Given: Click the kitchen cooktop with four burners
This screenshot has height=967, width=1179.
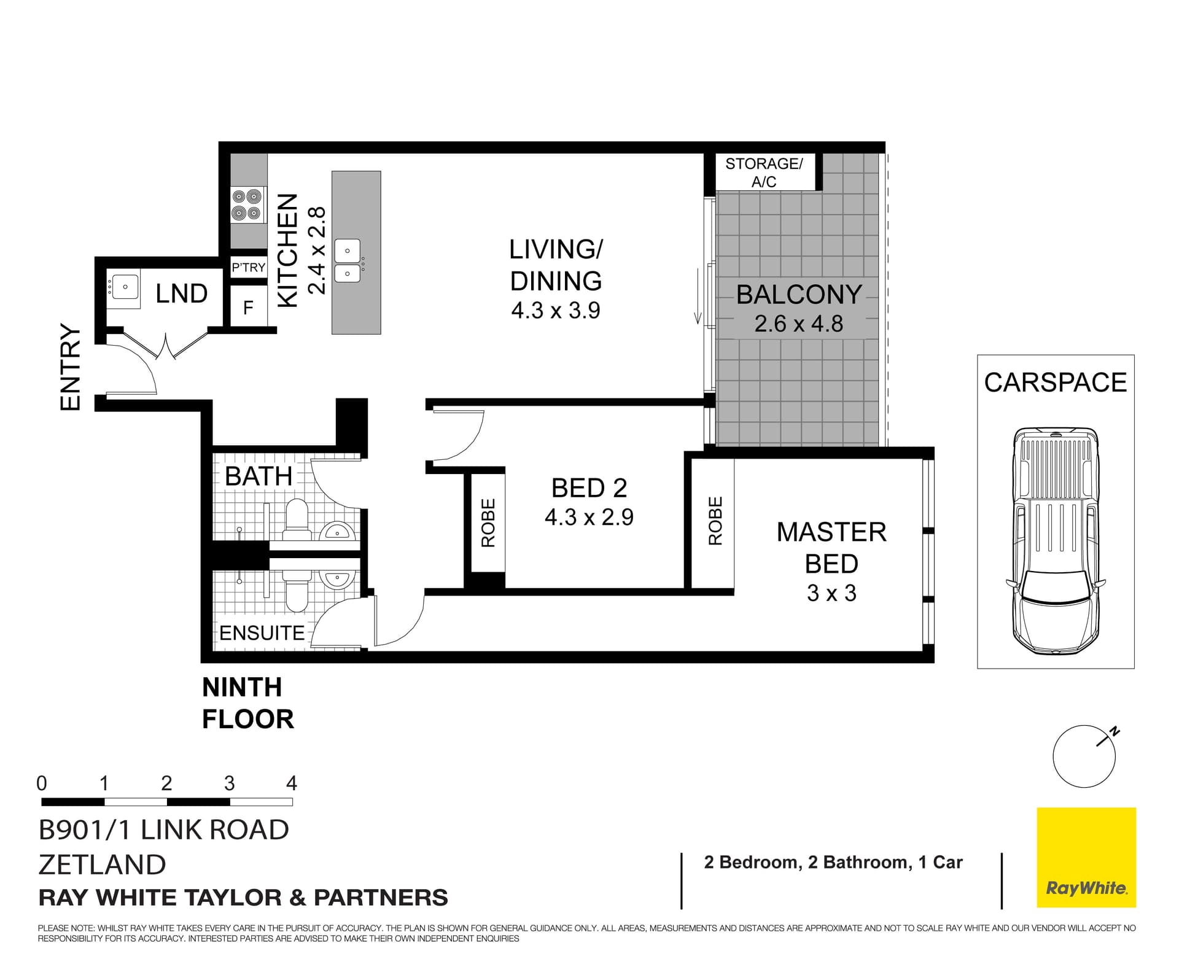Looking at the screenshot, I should (x=247, y=205).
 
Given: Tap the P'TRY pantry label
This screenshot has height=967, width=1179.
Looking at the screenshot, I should (x=248, y=268).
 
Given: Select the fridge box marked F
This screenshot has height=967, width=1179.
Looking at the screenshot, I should (x=248, y=308).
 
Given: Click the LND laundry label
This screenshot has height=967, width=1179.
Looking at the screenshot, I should (x=181, y=294).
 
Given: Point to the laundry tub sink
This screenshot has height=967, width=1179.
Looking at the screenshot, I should (x=124, y=287).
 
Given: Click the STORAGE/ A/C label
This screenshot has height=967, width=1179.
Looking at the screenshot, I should (x=763, y=173).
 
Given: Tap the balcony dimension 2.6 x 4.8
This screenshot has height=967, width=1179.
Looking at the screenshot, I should (x=798, y=324).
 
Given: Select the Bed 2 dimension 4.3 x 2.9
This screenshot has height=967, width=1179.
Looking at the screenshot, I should (x=588, y=517).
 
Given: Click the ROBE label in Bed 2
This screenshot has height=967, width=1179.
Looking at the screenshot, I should (x=488, y=522).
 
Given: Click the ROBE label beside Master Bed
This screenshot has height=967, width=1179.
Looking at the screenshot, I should (x=715, y=521).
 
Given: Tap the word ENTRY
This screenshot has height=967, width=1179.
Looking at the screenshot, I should (x=71, y=367).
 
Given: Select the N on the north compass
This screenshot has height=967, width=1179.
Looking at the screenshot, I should (x=1115, y=732).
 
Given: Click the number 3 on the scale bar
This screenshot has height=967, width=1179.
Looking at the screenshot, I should (x=229, y=783).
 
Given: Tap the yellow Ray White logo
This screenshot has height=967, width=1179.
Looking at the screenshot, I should (x=1086, y=857).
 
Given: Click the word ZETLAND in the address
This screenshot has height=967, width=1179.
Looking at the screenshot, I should (x=102, y=864).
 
